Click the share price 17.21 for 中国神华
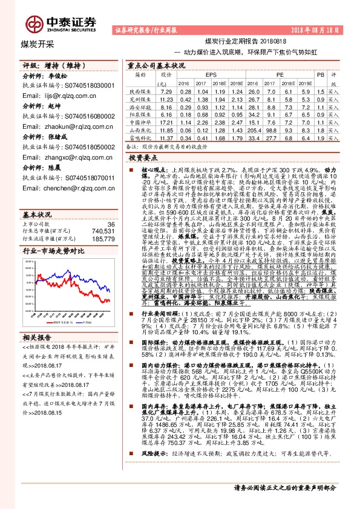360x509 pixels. (x=166, y=121)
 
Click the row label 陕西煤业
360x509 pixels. (x=140, y=90)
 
